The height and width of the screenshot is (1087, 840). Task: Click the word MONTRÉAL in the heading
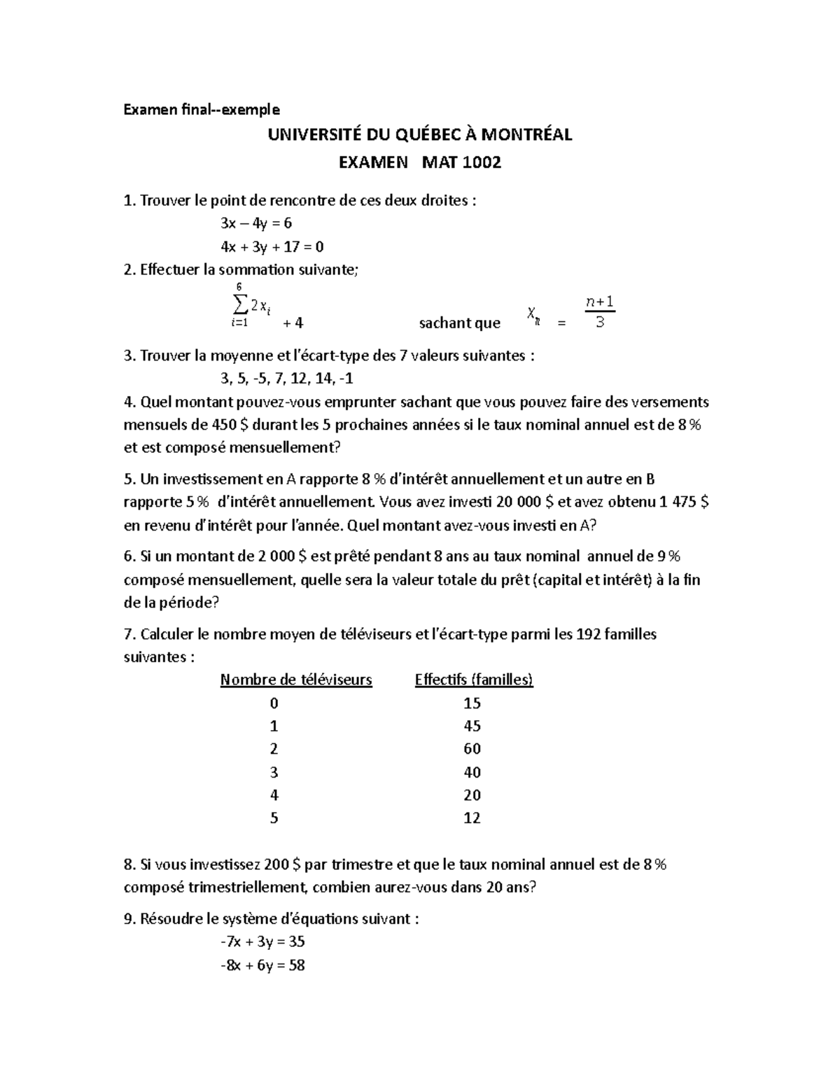point(528,134)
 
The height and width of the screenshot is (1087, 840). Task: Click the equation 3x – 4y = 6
point(255,223)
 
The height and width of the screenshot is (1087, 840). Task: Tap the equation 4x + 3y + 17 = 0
point(272,246)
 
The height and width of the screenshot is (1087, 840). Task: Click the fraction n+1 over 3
point(599,312)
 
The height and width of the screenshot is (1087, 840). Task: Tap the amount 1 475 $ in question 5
point(685,502)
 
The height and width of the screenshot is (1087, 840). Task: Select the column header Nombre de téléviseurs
point(296,680)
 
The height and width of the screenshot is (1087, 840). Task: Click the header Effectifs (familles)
point(474,680)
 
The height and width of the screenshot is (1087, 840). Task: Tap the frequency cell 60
point(472,749)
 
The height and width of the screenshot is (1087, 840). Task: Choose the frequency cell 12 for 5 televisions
point(472,818)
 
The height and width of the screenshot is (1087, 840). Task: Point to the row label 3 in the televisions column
point(274,772)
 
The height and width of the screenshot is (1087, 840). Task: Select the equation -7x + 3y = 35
point(262,942)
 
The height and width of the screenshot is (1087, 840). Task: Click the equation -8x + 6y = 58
point(262,965)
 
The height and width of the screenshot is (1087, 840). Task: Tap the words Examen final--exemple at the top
point(202,110)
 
